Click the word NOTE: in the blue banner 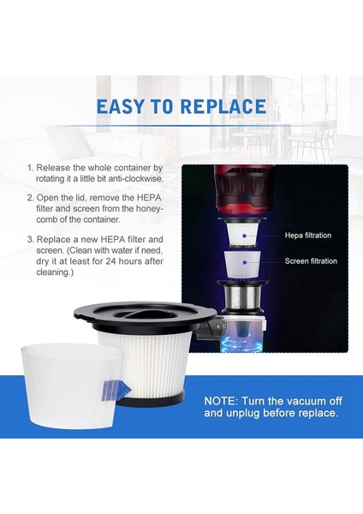(225, 400)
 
